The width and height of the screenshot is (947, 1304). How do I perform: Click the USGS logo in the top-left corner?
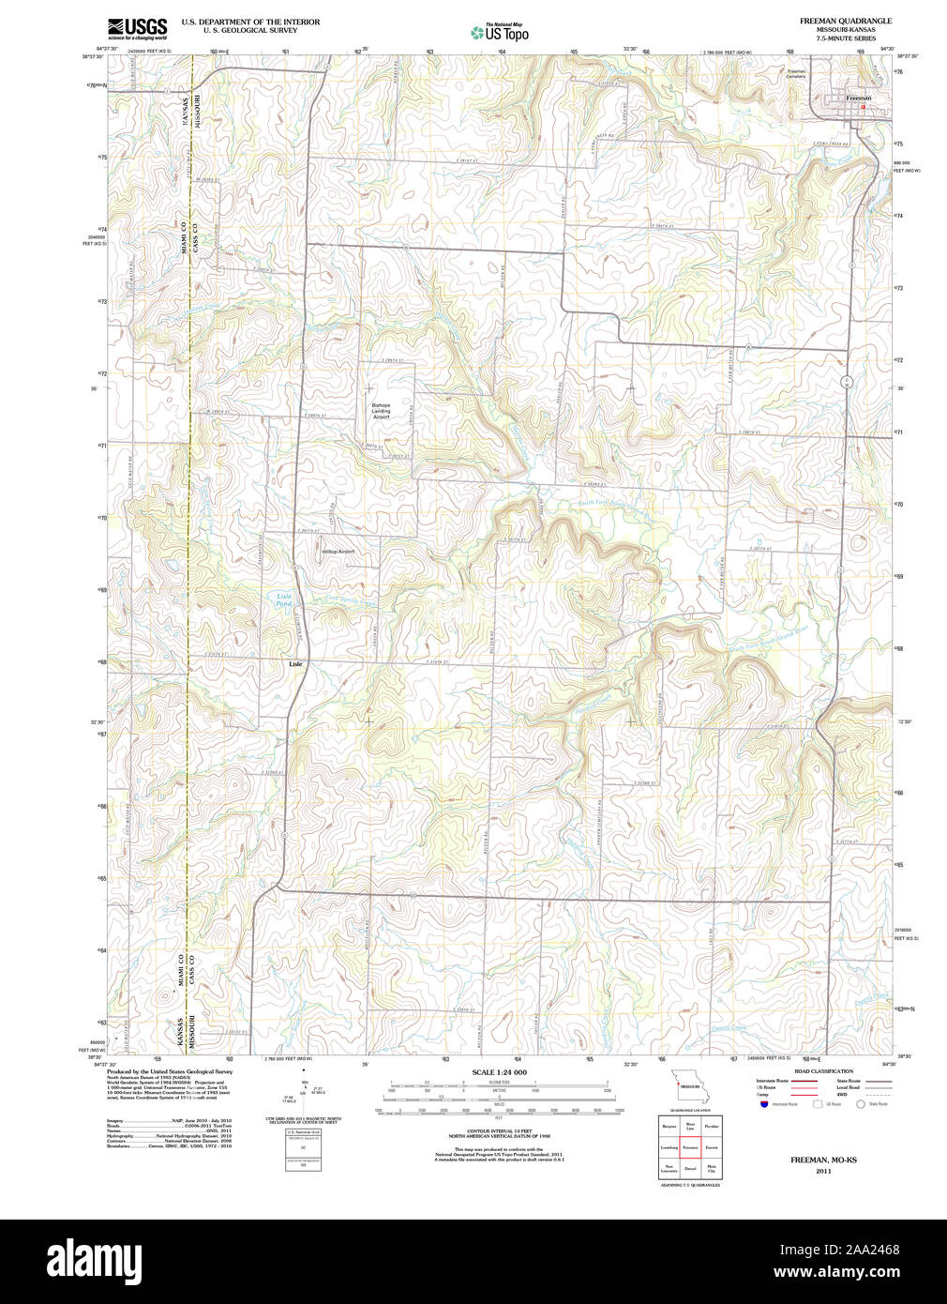(137, 28)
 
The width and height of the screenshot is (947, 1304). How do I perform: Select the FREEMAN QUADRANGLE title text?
(845, 21)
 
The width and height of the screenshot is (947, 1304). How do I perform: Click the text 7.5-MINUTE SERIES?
(845, 38)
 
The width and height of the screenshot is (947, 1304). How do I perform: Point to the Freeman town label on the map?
(858, 98)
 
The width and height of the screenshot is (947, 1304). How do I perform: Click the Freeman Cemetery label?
(796, 74)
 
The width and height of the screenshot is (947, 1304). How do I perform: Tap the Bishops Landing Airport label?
(381, 411)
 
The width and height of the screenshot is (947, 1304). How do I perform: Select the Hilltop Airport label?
(338, 552)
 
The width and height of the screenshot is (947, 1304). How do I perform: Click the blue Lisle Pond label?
(283, 599)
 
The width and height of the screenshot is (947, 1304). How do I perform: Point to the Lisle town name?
(295, 664)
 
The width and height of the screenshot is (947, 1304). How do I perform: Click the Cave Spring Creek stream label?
(348, 601)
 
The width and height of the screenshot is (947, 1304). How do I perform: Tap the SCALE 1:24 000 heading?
(499, 1072)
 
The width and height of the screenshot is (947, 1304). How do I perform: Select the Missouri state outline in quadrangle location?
(690, 1087)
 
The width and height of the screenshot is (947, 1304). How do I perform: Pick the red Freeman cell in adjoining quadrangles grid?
(690, 1147)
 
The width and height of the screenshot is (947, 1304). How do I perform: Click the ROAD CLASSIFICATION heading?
(823, 1071)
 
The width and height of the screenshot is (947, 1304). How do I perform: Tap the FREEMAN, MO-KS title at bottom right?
(822, 1160)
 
